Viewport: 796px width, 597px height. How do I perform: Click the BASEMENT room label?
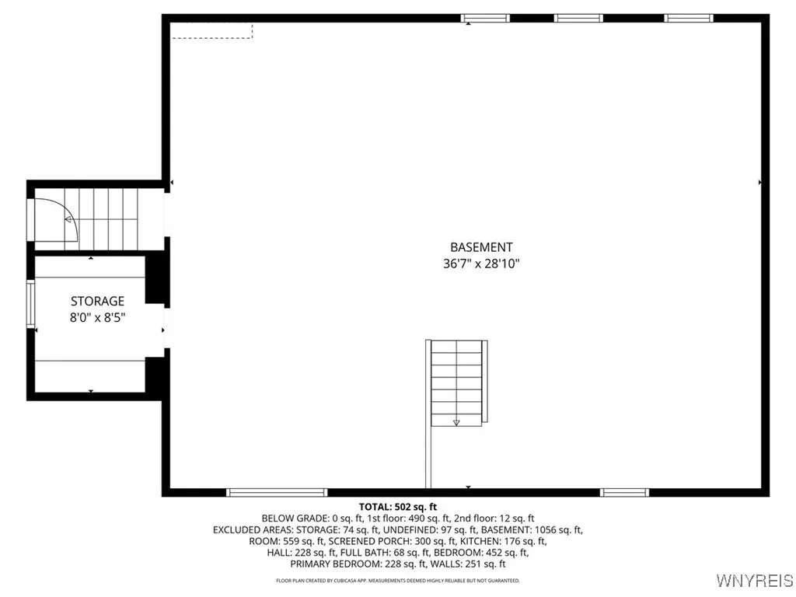pos(481,247)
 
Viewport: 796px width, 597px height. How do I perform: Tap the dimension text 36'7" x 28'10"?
pos(481,264)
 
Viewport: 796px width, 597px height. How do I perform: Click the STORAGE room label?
pos(97,301)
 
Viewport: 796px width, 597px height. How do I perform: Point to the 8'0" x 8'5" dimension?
pos(97,317)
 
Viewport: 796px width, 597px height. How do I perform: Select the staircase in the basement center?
pos(457,382)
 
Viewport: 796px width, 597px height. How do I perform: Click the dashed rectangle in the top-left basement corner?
pos(212,30)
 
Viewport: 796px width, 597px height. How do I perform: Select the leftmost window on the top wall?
pos(485,18)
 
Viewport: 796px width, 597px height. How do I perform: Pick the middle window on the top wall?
pos(578,18)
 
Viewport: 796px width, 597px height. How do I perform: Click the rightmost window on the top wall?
pos(689,18)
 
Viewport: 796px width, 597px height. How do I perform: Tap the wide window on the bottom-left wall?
pos(277,492)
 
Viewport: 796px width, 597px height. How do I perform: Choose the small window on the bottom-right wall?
pos(625,492)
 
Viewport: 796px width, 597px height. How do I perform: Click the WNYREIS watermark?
pos(755,581)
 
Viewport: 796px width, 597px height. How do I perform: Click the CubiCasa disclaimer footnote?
pos(397,581)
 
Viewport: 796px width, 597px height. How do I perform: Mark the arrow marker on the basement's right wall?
pos(759,182)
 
